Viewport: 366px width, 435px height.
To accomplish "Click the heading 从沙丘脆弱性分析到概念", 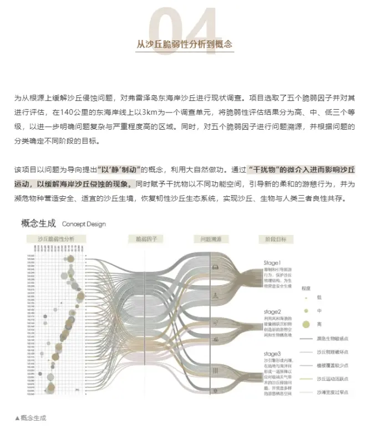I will click(x=184, y=44).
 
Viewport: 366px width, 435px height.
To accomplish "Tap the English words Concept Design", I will click(x=84, y=224).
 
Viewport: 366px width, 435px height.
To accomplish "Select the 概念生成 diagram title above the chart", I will click(x=38, y=224).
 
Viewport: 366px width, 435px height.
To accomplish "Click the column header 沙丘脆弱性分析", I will click(x=55, y=239).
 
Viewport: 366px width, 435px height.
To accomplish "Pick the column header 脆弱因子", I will click(x=146, y=239).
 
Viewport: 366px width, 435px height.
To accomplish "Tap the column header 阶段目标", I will click(x=273, y=239).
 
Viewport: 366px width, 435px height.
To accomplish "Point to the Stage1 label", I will click(x=272, y=263).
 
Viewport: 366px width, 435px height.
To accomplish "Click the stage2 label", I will click(x=272, y=312).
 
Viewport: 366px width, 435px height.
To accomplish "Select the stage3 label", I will click(x=272, y=353).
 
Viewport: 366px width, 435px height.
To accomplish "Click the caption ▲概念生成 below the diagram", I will click(x=30, y=417).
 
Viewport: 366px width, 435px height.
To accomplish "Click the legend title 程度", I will click(x=306, y=288).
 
